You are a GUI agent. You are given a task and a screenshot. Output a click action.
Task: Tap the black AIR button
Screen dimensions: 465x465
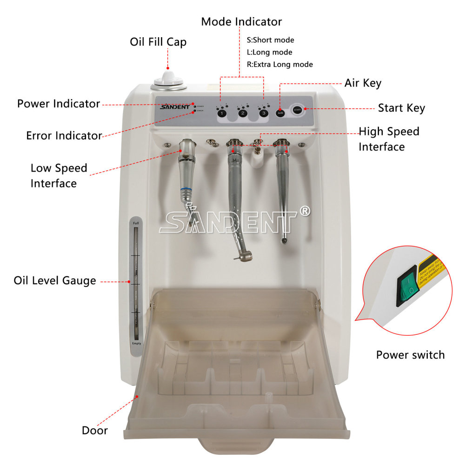pos(280,113)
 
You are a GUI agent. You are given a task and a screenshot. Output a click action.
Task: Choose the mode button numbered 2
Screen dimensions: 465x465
pos(243,113)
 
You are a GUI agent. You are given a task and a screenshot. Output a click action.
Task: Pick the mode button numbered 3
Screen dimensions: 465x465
pos(264,113)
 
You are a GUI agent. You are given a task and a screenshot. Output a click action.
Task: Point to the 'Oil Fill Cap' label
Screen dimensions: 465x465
pos(158,42)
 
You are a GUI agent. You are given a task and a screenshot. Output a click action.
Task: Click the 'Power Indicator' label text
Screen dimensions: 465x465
pos(59,103)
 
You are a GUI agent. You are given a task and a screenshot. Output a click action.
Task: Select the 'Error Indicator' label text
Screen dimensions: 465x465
pos(64,136)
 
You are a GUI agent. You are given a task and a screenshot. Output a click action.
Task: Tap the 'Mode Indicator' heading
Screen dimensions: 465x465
pos(241,21)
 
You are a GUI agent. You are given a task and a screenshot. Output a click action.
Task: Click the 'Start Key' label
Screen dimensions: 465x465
pos(401,108)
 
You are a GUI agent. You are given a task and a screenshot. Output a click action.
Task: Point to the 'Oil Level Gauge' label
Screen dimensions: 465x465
pos(55,281)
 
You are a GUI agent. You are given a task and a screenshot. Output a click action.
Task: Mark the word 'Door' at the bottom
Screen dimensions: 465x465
pos(95,430)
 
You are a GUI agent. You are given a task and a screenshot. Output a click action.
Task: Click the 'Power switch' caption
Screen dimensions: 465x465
pos(410,355)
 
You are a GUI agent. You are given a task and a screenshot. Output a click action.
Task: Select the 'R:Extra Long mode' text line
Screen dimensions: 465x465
pos(279,64)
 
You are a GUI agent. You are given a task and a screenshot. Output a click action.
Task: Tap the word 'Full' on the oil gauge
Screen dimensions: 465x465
pos(136,224)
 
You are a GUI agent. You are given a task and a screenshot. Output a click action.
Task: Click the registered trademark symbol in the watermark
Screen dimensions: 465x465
pos(305,212)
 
